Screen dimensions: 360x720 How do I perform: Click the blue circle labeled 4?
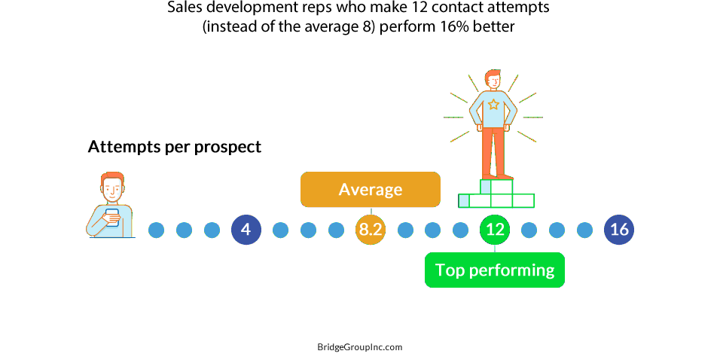click(246, 230)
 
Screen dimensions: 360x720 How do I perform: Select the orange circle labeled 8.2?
click(371, 230)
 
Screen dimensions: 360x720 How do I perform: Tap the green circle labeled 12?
click(495, 230)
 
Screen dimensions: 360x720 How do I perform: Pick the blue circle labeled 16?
click(619, 230)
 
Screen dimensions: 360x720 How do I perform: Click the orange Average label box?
click(371, 190)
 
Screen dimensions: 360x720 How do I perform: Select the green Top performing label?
click(495, 270)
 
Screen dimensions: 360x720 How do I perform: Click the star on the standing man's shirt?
click(493, 105)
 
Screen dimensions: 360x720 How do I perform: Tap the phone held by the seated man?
click(111, 217)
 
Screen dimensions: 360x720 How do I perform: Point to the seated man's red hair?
click(112, 178)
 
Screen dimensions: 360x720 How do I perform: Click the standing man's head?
click(493, 80)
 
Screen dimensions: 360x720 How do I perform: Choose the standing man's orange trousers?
click(493, 151)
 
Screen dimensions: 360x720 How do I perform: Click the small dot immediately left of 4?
click(212, 230)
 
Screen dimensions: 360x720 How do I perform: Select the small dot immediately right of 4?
click(280, 230)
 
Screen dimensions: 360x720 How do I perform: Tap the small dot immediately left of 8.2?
click(336, 230)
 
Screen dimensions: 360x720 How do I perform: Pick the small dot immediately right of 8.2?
click(405, 230)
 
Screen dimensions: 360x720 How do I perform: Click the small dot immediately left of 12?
click(460, 230)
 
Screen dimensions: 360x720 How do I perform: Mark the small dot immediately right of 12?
click(529, 230)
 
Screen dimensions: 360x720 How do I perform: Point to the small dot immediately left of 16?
click(584, 230)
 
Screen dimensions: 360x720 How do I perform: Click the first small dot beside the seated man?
click(156, 230)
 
